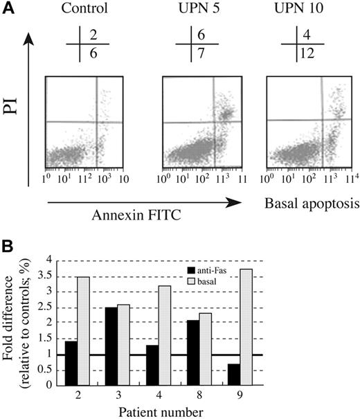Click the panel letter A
(8, 9)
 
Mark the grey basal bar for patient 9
(317, 327)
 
